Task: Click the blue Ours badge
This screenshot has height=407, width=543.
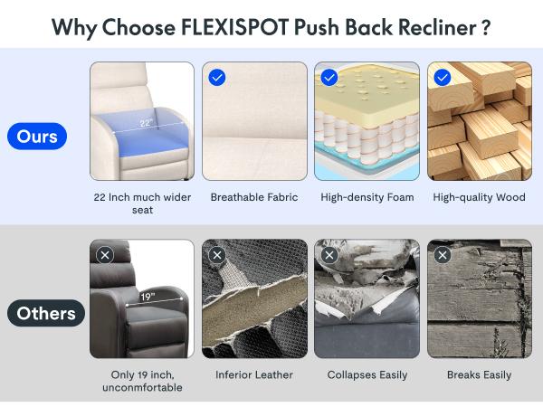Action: [37, 137]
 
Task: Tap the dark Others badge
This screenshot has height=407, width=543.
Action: [45, 314]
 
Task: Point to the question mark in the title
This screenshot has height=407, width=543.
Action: [486, 25]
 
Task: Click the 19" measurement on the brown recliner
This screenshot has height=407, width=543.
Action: [147, 296]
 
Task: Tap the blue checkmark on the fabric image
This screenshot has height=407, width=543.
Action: [217, 78]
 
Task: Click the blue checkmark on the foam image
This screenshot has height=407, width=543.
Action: [329, 78]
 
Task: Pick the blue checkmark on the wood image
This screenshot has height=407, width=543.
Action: [443, 78]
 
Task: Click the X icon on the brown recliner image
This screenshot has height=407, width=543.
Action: [105, 255]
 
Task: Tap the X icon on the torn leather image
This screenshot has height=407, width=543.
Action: [217, 255]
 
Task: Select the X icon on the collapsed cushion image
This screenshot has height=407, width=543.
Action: [329, 255]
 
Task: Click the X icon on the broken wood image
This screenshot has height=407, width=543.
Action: [443, 255]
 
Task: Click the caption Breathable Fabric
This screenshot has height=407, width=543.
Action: [254, 197]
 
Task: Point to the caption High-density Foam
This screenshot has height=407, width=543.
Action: [367, 197]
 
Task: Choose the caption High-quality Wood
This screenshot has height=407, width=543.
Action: [479, 197]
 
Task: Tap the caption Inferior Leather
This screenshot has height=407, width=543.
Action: [254, 374]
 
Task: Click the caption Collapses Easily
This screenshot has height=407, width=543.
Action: [367, 374]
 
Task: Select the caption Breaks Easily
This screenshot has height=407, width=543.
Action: [479, 374]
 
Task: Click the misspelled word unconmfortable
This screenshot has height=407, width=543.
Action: [142, 388]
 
